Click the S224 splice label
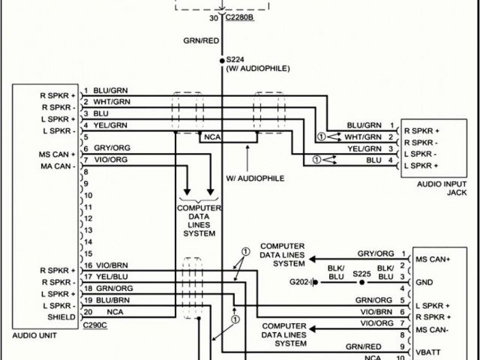(235, 59)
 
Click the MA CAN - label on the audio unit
(58, 166)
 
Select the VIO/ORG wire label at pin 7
(110, 160)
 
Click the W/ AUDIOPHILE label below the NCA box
(255, 178)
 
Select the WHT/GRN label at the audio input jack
(363, 136)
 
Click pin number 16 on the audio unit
(88, 265)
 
